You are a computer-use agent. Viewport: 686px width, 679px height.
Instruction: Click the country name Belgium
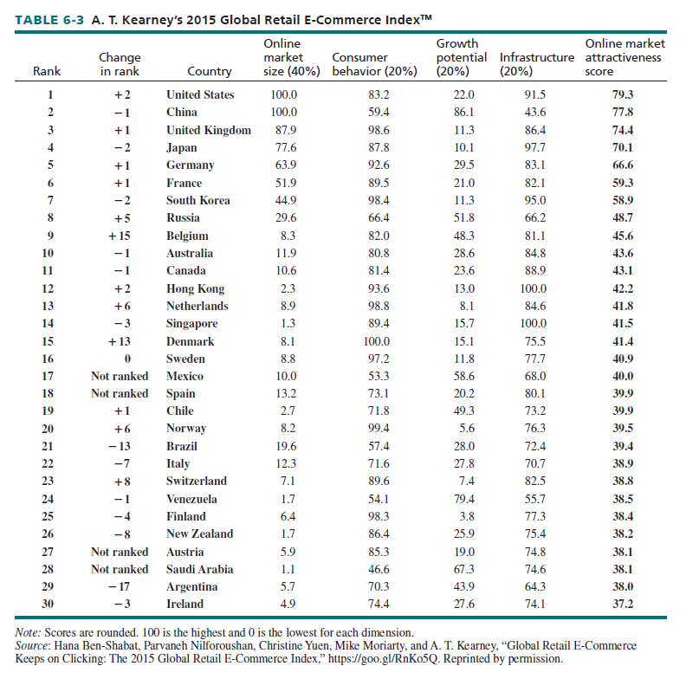[x=187, y=236]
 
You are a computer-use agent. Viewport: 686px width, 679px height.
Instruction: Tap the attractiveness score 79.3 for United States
[x=623, y=94]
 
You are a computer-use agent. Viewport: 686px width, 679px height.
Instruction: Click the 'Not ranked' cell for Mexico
[x=120, y=376]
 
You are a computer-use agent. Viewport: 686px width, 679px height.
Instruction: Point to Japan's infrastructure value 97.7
[x=536, y=147]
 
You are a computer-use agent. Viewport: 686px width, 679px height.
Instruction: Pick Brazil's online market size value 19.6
[x=284, y=446]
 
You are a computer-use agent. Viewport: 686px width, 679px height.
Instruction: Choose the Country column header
[x=210, y=72]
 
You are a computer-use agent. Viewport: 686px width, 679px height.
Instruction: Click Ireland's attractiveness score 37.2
[x=623, y=604]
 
